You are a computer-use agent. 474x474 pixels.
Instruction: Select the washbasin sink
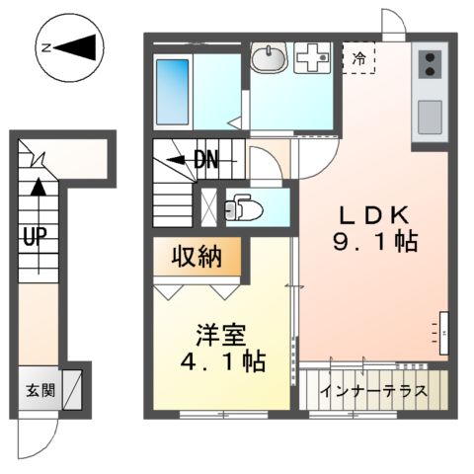267,60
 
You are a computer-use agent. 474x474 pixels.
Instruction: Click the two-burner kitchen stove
432,65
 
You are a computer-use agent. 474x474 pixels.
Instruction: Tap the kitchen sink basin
432,117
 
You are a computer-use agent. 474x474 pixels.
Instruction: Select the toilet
240,208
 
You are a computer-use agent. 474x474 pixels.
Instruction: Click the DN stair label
204,160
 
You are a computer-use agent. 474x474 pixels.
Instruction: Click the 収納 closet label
197,258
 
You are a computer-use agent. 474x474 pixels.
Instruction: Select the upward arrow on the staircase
37,188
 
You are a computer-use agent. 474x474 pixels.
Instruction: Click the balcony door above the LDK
393,22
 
